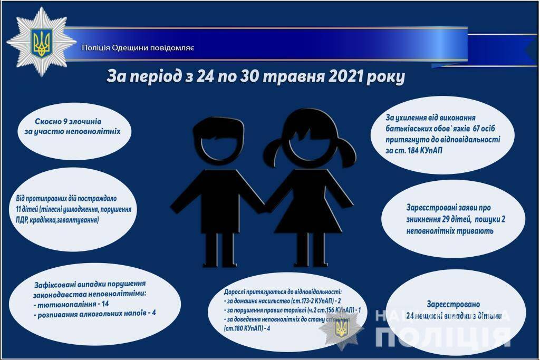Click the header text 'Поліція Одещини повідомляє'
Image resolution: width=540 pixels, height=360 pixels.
(138, 48)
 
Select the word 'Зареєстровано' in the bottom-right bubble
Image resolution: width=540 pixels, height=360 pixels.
(453, 304)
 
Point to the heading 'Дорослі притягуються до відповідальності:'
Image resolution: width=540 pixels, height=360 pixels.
(283, 291)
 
